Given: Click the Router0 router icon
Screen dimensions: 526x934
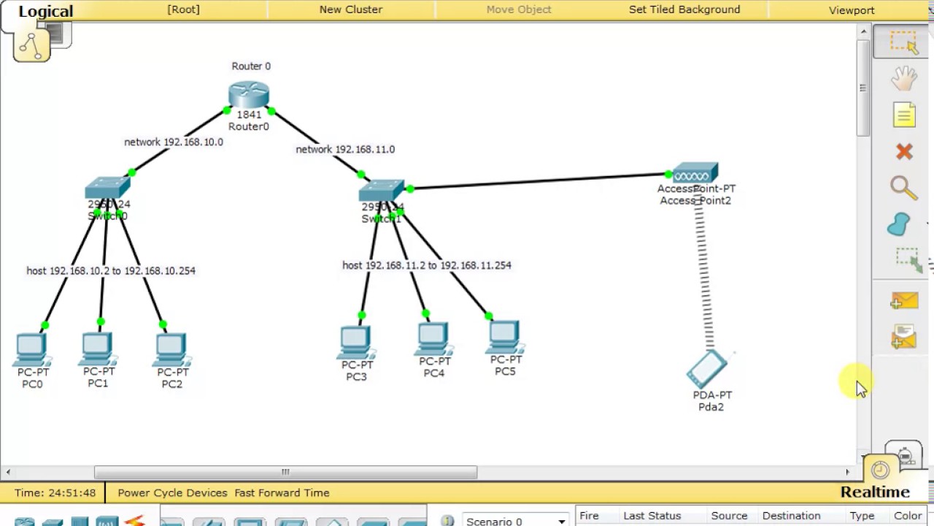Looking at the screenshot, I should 249,94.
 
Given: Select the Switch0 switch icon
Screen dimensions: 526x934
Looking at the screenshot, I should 107,188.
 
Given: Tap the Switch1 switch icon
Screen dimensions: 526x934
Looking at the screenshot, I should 381,191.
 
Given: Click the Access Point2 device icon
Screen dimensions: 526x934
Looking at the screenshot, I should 695,173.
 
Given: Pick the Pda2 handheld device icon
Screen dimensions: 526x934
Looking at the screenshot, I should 706,369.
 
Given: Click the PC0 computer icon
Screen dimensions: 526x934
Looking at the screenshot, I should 31,349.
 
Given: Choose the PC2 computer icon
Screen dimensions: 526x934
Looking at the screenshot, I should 171,349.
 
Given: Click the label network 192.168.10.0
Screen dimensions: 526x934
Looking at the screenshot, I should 174,142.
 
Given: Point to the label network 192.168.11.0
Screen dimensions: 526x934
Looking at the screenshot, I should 345,149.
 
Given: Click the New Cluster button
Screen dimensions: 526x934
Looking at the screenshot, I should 351,9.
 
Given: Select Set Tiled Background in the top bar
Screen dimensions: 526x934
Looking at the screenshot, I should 684,9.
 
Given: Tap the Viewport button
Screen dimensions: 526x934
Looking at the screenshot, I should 852,10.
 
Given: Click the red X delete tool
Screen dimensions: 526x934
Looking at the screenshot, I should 904,151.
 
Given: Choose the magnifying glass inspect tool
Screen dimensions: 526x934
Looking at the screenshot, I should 903,188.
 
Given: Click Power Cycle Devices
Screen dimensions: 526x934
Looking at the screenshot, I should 172,492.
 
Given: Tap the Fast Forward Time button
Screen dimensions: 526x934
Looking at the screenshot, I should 282,492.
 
